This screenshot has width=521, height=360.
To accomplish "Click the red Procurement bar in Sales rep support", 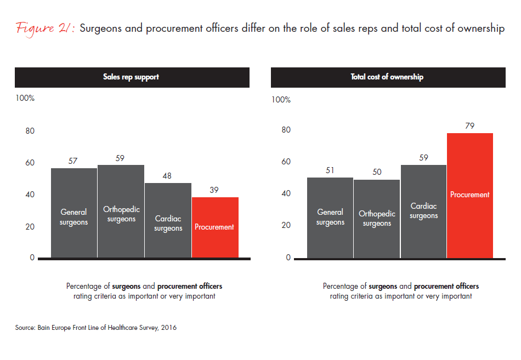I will pyautogui.click(x=215, y=227).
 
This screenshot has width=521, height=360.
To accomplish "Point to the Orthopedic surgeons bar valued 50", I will pyautogui.click(x=377, y=219).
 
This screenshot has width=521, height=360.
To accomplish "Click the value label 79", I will pyautogui.click(x=469, y=125).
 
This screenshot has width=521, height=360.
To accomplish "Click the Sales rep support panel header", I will pyautogui.click(x=132, y=77).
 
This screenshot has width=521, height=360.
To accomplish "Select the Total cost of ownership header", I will pyautogui.click(x=387, y=77).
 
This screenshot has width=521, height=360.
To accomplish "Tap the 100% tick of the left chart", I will pyautogui.click(x=25, y=99).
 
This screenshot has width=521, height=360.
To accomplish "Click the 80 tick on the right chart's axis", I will pyautogui.click(x=286, y=130).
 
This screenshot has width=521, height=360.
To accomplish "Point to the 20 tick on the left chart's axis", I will pyautogui.click(x=30, y=227).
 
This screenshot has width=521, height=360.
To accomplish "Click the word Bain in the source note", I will pyautogui.click(x=44, y=328).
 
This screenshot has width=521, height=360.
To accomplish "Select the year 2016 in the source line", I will pyautogui.click(x=168, y=328).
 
